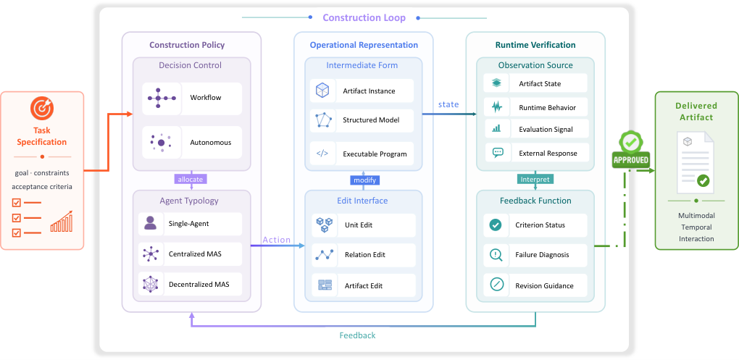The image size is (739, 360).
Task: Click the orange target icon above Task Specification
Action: tap(42, 109)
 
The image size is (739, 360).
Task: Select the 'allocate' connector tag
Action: tap(191, 180)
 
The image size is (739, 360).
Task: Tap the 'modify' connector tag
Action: tap(364, 180)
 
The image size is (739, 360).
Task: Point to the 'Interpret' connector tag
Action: tap(535, 180)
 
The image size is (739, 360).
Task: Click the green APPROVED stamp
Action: tap(630, 151)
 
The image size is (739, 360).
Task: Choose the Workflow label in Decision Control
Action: tap(206, 98)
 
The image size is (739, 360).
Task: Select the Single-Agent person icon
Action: tap(151, 223)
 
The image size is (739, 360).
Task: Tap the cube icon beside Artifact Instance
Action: tap(322, 91)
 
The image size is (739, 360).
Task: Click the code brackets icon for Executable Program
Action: tap(322, 154)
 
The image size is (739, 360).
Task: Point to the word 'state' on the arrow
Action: tap(448, 104)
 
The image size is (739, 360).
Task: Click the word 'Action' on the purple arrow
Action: tap(277, 240)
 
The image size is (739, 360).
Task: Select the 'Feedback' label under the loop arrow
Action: tap(358, 335)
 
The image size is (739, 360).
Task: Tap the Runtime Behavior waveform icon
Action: tap(497, 107)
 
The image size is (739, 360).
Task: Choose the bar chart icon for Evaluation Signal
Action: tap(497, 129)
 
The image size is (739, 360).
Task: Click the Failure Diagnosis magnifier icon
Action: tap(496, 255)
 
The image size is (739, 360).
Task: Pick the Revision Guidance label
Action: tap(544, 286)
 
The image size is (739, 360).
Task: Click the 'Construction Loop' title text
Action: tap(364, 18)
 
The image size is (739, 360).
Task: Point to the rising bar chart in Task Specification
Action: tap(62, 222)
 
